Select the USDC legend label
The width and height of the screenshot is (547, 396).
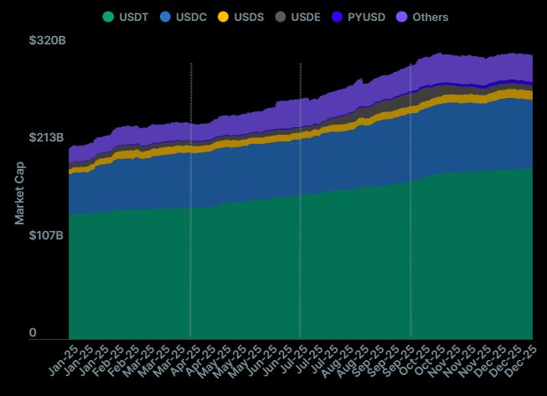(x=191, y=17)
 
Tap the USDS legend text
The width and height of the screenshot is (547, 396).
(x=249, y=17)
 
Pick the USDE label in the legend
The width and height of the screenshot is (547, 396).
(x=306, y=17)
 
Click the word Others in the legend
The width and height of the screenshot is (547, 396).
(x=431, y=17)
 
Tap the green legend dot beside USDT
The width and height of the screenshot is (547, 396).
(x=109, y=17)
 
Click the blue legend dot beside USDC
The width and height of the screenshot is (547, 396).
(x=166, y=17)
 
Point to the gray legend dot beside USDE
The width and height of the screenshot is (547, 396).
(x=281, y=17)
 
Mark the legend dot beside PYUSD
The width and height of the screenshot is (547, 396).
(x=338, y=17)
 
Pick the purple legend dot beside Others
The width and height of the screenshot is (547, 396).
(x=401, y=17)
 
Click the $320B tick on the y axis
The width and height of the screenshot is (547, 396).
(x=47, y=39)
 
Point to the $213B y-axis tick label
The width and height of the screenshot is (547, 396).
(x=47, y=137)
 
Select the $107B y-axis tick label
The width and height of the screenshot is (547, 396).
(x=47, y=235)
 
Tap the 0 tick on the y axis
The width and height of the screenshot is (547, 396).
(x=34, y=333)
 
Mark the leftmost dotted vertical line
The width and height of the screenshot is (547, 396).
(x=191, y=201)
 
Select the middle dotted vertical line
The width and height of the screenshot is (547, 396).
(x=300, y=201)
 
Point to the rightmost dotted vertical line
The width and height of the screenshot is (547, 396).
(x=410, y=201)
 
